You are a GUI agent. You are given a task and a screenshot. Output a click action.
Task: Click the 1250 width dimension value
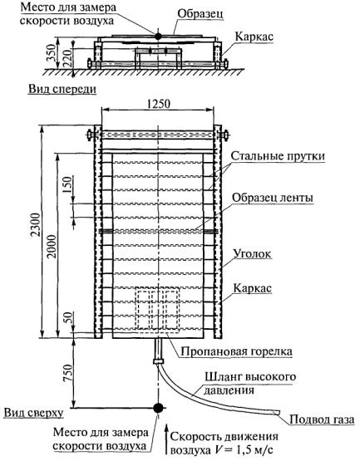click(x=158, y=104)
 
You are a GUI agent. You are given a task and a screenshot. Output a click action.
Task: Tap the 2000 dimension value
click(x=52, y=247)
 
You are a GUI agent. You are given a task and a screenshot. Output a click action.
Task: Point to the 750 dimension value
click(x=67, y=373)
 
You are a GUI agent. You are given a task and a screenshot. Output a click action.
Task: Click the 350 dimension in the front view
click(x=52, y=53)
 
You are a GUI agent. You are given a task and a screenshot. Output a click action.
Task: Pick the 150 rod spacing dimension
click(x=67, y=184)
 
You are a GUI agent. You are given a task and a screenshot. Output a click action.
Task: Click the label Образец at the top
click(x=200, y=14)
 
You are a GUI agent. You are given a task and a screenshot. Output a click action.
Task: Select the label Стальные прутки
click(x=278, y=156)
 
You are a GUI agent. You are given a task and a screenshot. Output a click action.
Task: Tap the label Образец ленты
click(x=273, y=198)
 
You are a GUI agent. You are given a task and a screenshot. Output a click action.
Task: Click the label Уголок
click(x=252, y=253)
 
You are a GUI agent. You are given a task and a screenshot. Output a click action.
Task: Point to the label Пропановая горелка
click(x=236, y=351)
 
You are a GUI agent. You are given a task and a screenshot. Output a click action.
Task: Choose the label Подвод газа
click(x=322, y=419)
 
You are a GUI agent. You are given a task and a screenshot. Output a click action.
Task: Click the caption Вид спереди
click(x=62, y=89)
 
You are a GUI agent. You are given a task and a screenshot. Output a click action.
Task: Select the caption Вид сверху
click(x=33, y=413)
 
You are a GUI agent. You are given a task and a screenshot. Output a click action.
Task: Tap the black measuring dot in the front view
click(x=158, y=36)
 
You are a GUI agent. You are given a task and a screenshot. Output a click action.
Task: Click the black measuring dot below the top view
click(x=158, y=408)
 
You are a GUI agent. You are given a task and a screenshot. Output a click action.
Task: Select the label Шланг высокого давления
click(x=250, y=384)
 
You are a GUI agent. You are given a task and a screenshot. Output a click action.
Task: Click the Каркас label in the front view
click(x=254, y=37)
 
